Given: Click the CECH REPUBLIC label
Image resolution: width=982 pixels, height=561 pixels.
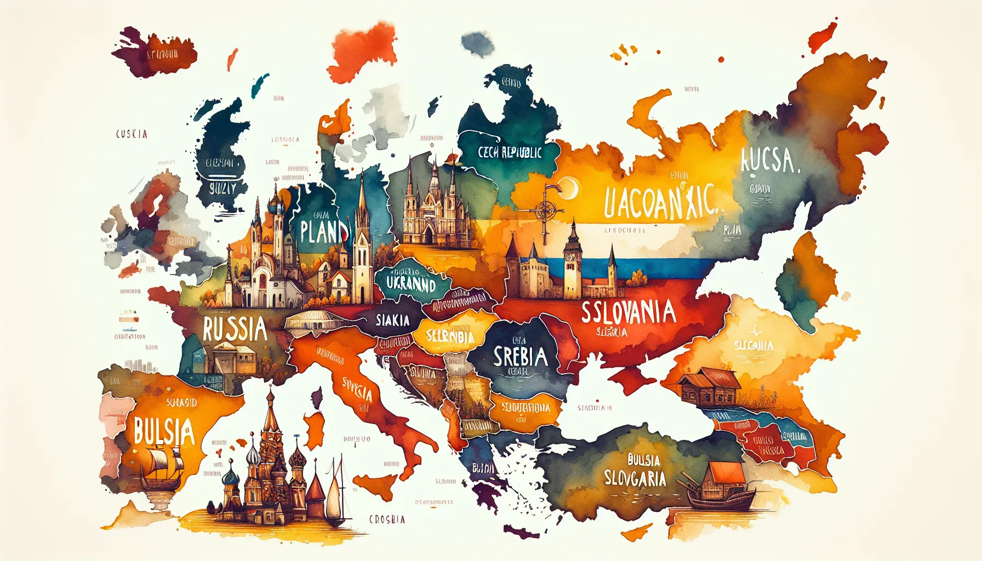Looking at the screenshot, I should click(x=510, y=152).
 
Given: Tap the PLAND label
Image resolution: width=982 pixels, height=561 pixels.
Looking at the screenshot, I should click(x=324, y=231).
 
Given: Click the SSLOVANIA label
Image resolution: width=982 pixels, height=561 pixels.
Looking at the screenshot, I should click(x=628, y=313).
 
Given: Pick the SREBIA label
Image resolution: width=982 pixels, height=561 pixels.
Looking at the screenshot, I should click(x=520, y=357).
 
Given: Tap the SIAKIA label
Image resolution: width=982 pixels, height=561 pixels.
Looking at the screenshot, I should click(x=392, y=320).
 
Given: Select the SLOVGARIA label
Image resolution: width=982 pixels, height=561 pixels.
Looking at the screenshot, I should click(x=635, y=478).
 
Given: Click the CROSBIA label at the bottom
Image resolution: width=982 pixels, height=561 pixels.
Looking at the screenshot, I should click(x=387, y=519).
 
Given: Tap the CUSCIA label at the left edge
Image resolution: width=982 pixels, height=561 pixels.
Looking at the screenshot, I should click(x=132, y=134).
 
